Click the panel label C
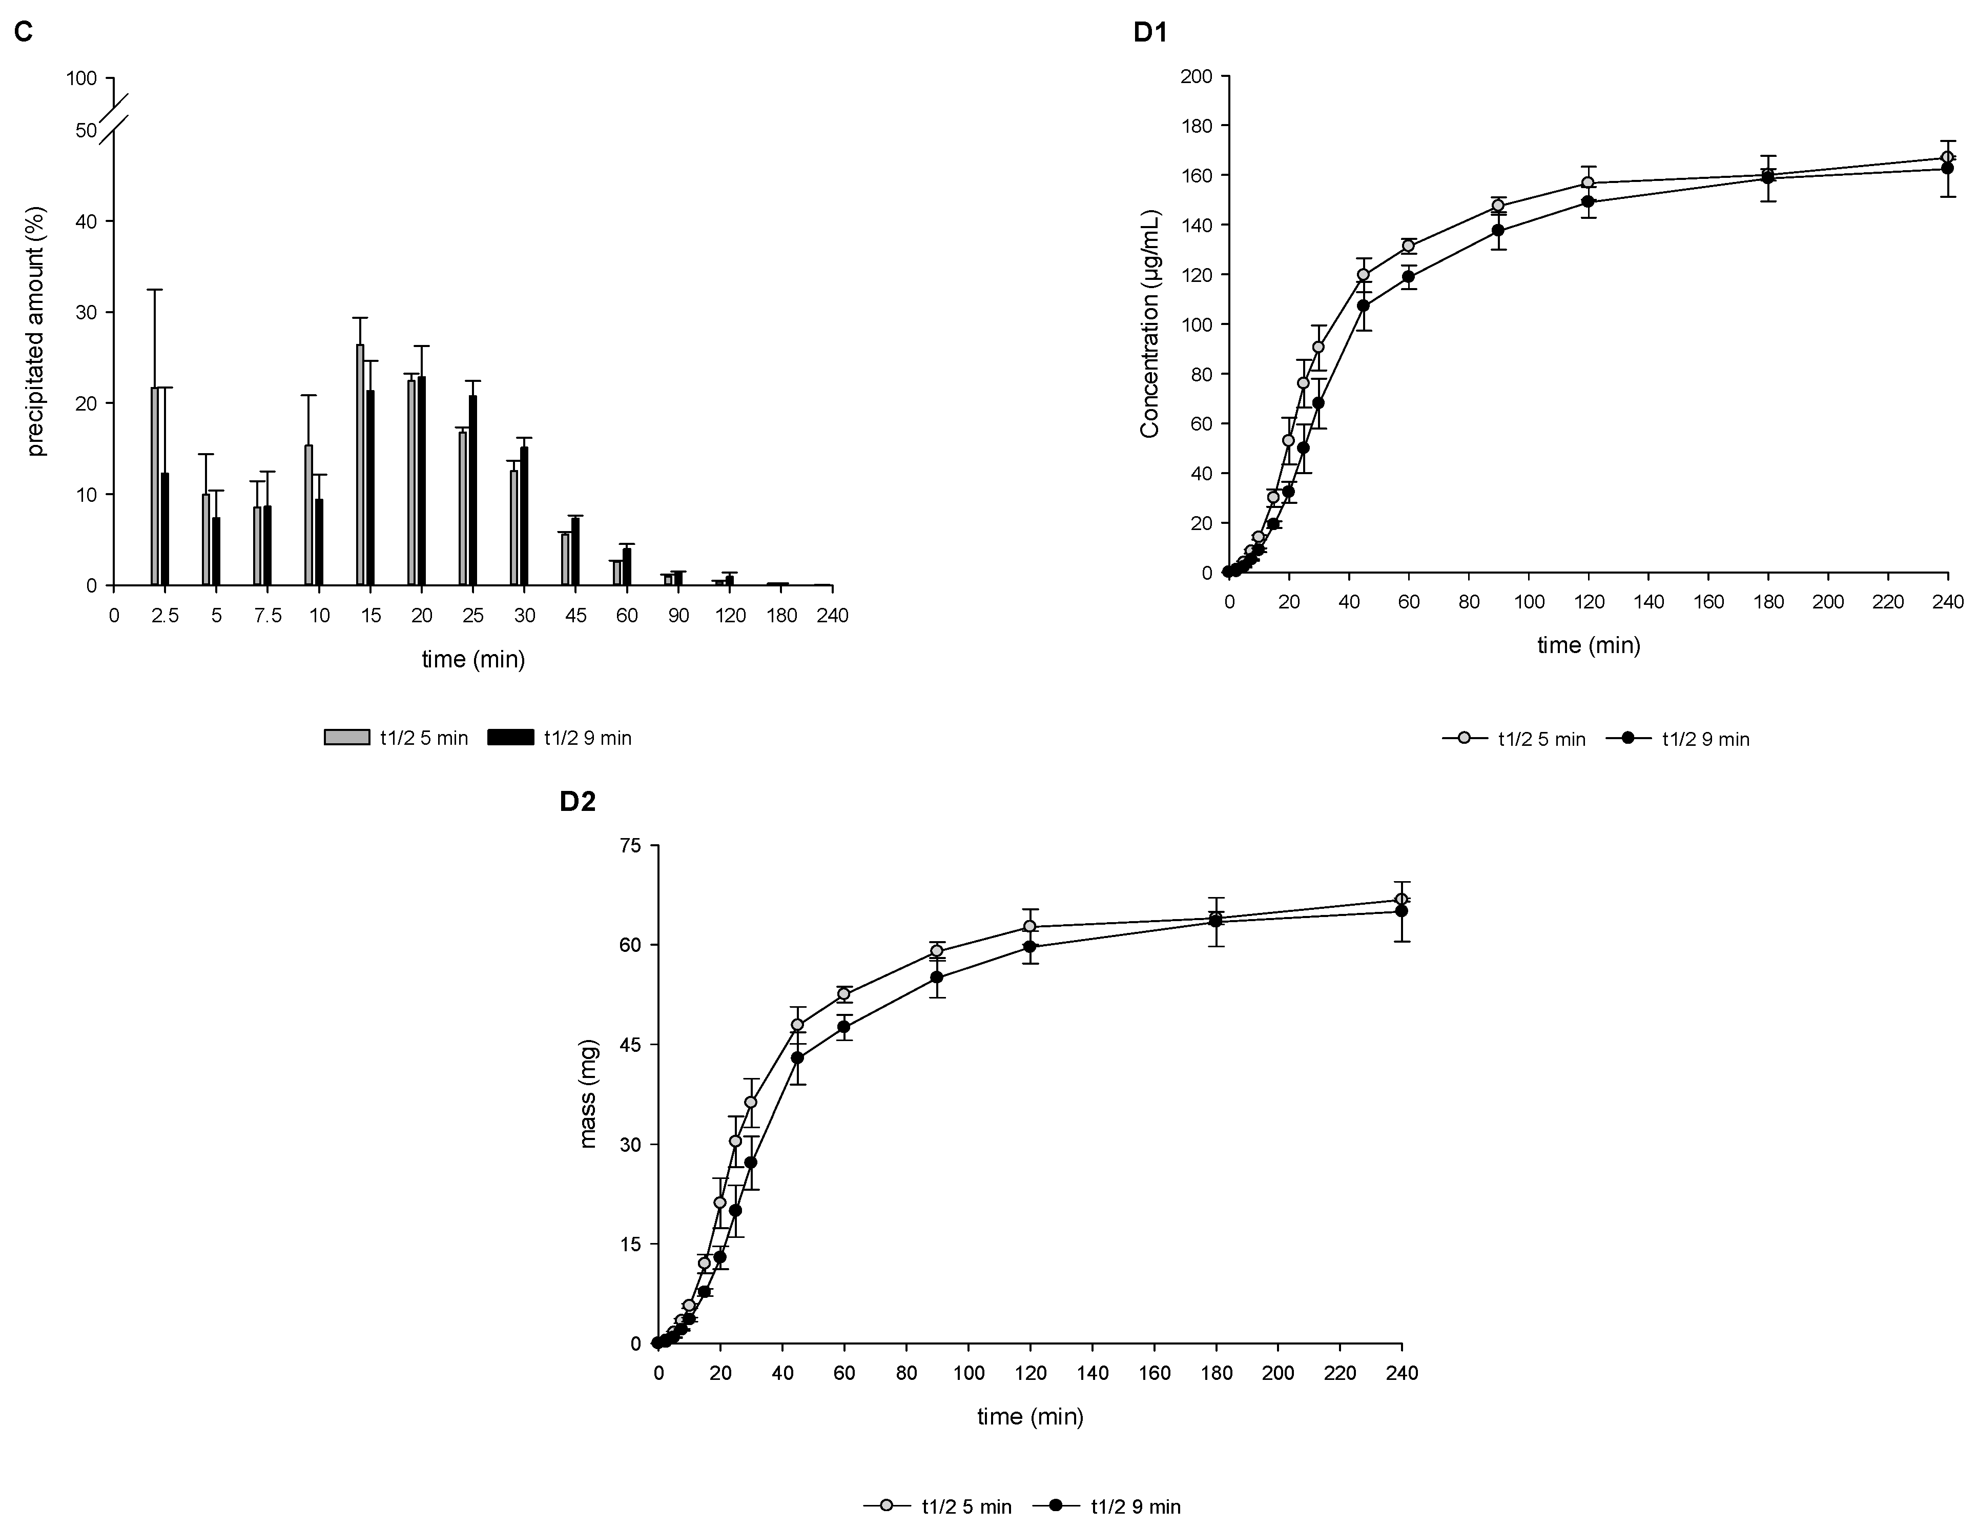pos(25,33)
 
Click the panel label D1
pos(1150,33)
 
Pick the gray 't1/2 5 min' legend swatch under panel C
pos(347,737)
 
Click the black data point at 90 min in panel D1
pos(1498,230)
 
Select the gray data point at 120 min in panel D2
pos(1030,927)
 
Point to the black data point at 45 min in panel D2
pos(797,1058)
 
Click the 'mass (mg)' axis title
pos(589,1094)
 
